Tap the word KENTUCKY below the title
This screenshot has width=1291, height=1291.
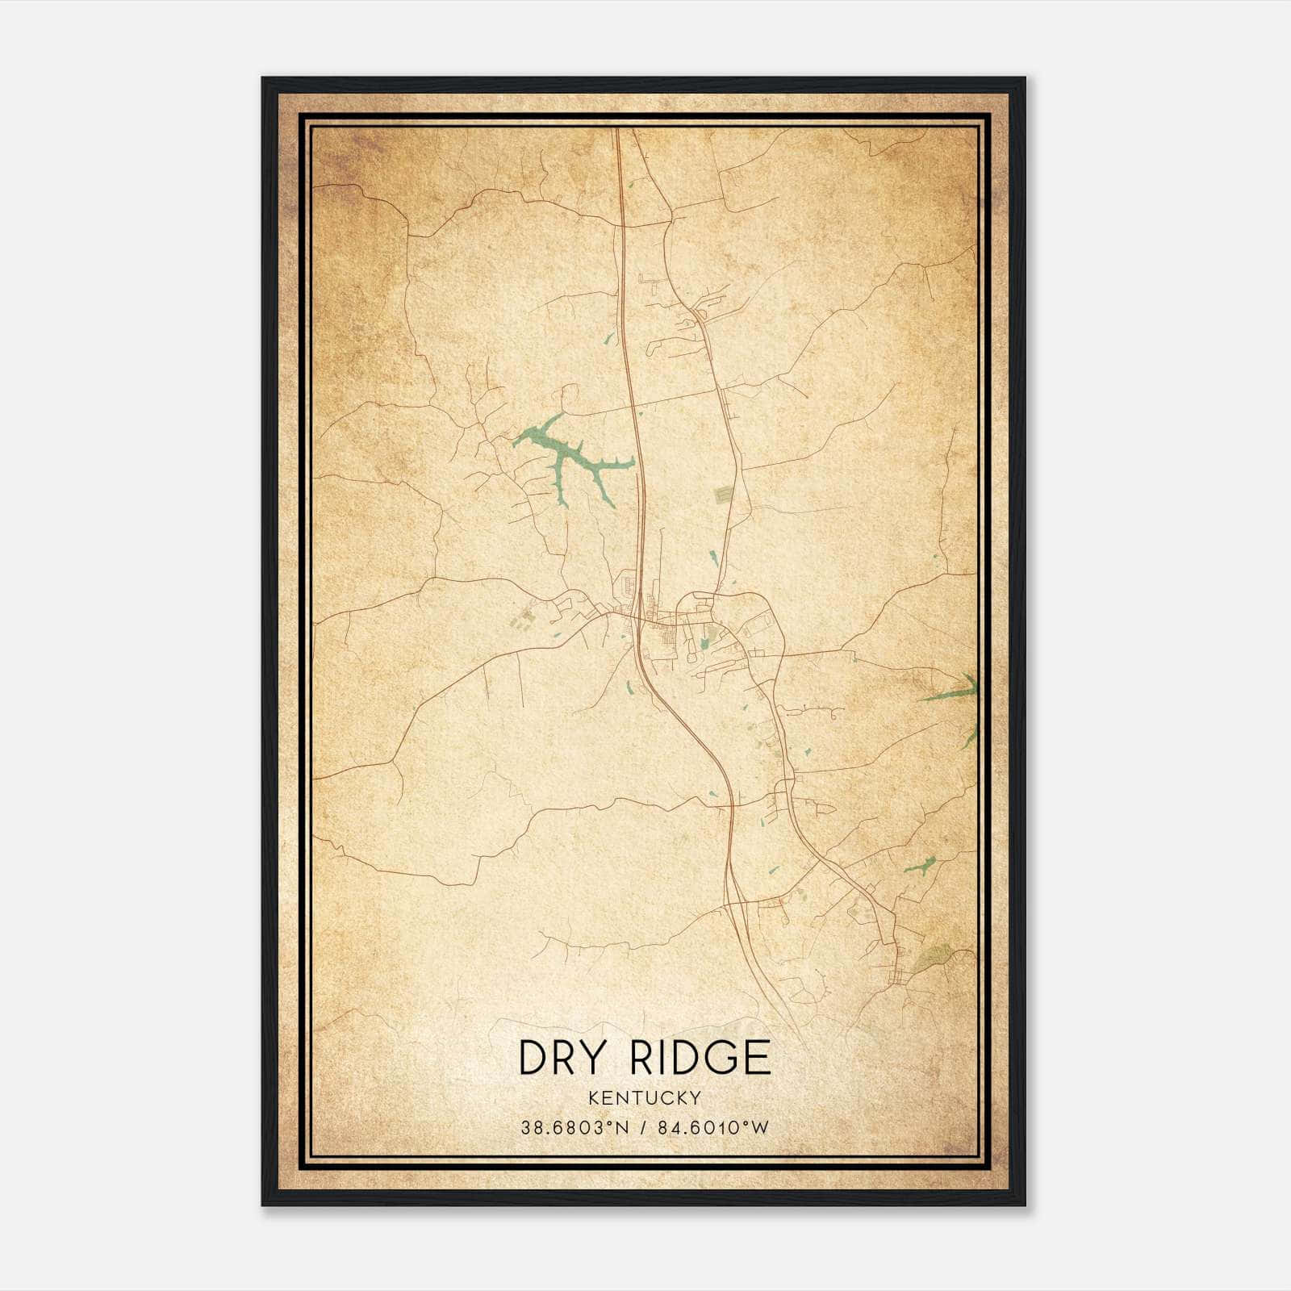pos(645,1097)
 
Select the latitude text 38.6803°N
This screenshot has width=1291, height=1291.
pos(574,1127)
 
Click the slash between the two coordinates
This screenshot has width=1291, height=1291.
pos(643,1127)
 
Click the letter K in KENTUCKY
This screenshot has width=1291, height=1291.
pos(594,1097)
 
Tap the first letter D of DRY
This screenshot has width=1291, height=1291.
pos(533,1057)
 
